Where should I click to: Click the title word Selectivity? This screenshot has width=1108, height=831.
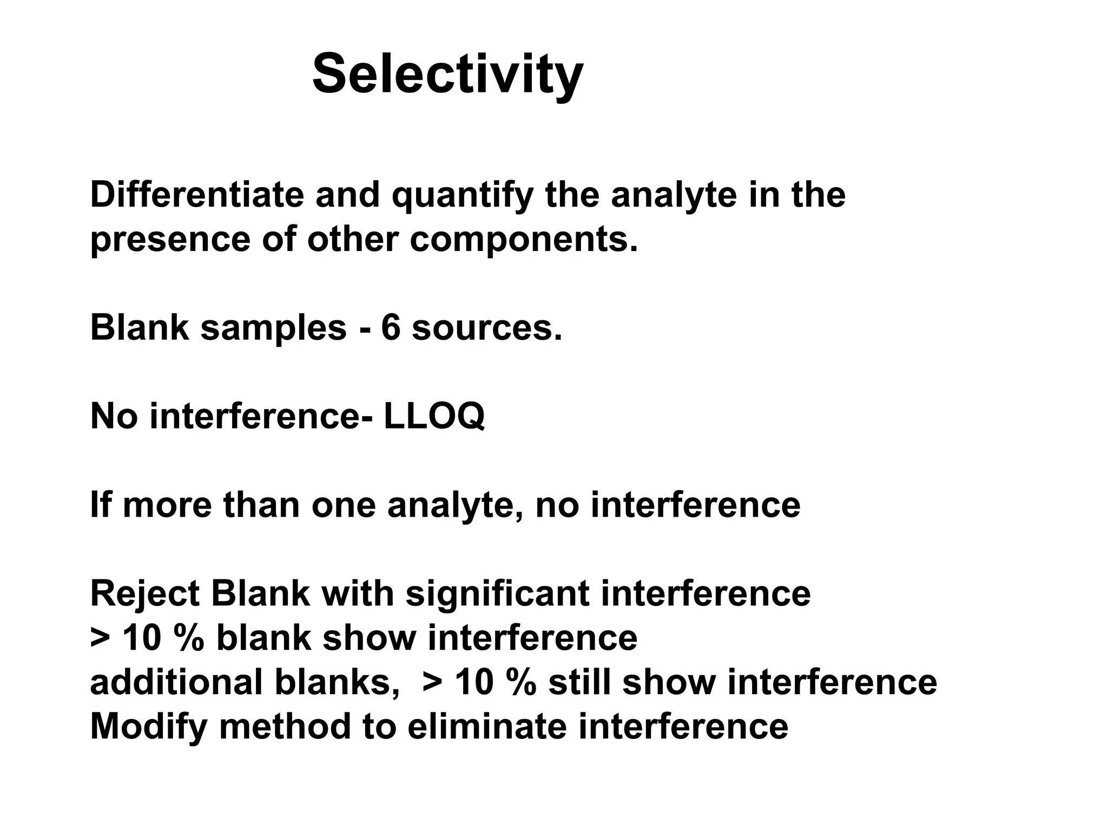point(447,74)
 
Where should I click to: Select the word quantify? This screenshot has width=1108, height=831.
point(463,196)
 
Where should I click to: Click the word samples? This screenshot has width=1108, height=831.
point(273,328)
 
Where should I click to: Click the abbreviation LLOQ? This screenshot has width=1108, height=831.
point(434,417)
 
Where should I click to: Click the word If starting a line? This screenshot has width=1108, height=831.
point(100,505)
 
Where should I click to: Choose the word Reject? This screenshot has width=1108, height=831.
point(145,594)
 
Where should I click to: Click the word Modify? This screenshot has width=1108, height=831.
point(149,727)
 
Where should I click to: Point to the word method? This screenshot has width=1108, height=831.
point(285,727)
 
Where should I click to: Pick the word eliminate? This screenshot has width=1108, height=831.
point(486,727)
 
